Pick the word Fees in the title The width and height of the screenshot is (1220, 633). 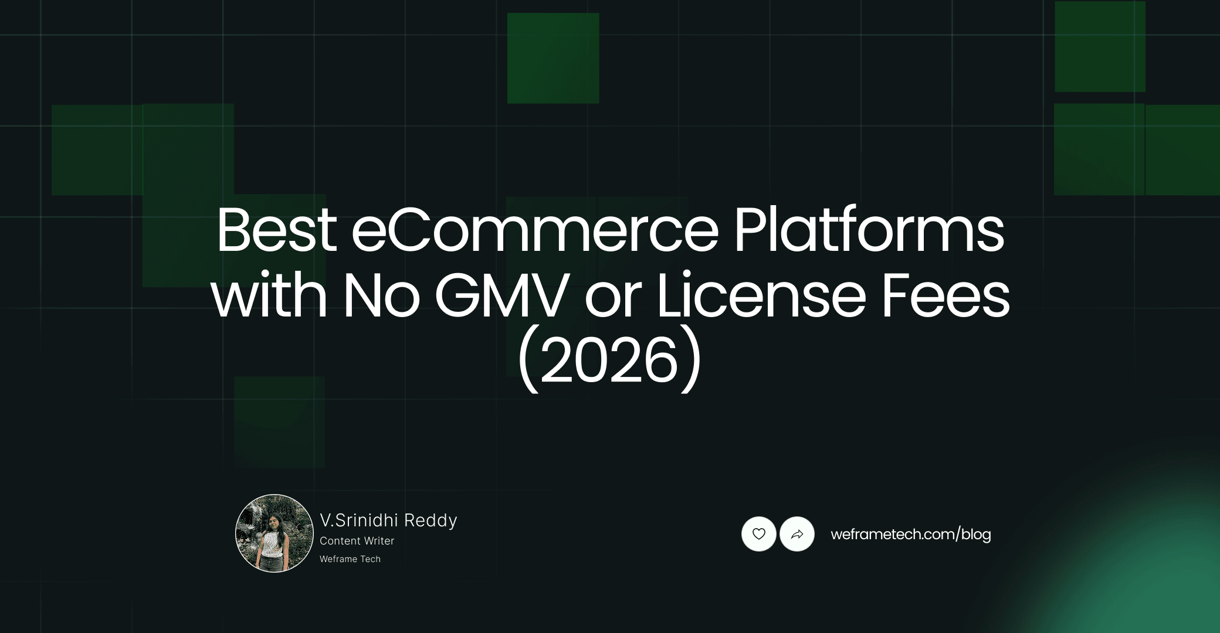click(945, 296)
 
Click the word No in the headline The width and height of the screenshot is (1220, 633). click(381, 296)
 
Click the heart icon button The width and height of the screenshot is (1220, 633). click(759, 534)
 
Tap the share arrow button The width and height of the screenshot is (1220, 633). click(797, 534)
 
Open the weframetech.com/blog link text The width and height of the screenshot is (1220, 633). click(910, 535)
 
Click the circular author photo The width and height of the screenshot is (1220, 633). click(274, 533)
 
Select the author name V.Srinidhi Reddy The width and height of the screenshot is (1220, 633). click(388, 520)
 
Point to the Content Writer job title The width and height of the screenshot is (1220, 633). click(357, 541)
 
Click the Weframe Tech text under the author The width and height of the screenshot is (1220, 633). click(350, 559)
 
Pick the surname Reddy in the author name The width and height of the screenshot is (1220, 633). click(431, 520)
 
